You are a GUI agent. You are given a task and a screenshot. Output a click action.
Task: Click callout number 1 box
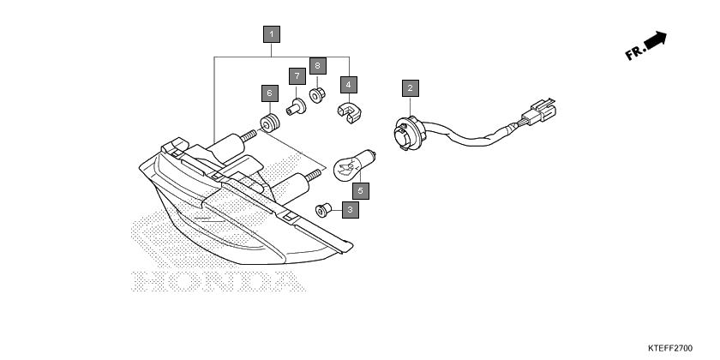click(272, 34)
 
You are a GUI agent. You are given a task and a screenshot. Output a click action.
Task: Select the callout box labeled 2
click(410, 88)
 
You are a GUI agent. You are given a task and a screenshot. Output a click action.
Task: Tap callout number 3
click(351, 210)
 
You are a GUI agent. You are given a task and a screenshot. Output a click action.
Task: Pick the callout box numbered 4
click(349, 85)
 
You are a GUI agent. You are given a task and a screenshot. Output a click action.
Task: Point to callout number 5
click(361, 190)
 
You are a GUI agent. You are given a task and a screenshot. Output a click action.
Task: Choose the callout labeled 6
click(269, 93)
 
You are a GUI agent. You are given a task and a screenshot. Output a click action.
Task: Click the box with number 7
click(297, 75)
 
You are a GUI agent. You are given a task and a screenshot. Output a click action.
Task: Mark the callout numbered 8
click(317, 66)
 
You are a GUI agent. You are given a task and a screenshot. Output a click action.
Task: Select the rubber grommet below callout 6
click(270, 123)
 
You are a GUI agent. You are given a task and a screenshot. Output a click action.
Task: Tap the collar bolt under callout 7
click(297, 106)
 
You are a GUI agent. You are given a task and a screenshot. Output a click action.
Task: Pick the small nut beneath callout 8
click(317, 95)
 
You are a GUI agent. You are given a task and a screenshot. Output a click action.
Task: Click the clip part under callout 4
click(350, 113)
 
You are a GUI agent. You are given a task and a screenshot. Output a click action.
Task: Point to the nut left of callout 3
click(323, 210)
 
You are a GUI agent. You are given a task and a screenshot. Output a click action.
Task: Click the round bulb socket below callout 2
click(409, 132)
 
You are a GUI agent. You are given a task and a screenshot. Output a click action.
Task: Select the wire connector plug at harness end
click(538, 111)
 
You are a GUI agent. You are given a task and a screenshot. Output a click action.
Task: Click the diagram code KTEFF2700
click(670, 348)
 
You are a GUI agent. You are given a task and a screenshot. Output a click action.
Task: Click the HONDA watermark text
click(219, 281)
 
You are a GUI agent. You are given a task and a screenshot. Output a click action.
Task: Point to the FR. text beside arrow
click(635, 53)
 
